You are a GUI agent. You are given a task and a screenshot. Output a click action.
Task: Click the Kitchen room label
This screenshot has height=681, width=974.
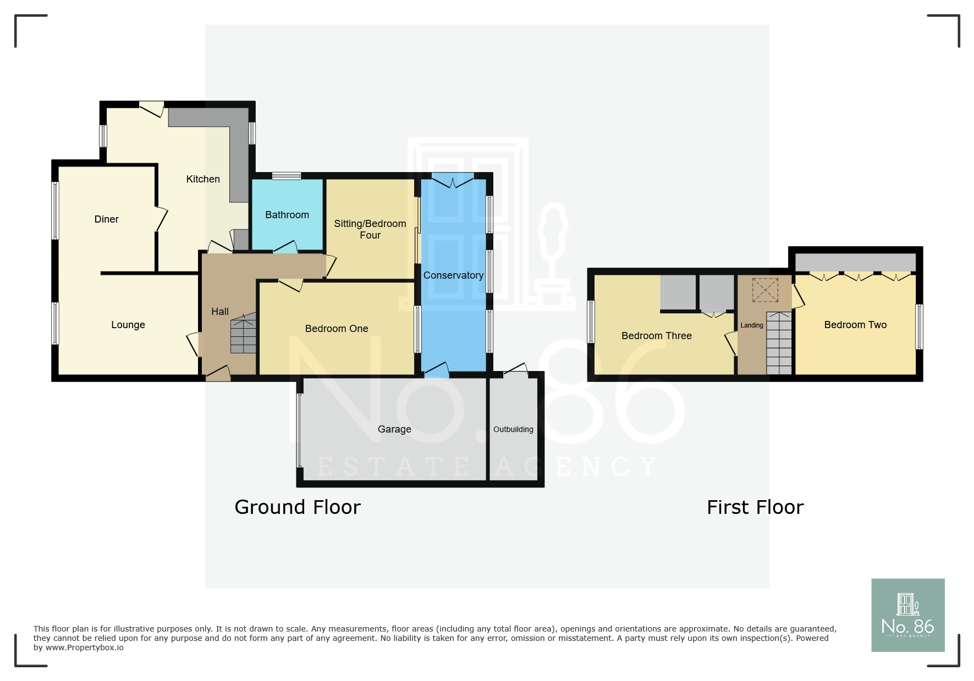tap(203, 179)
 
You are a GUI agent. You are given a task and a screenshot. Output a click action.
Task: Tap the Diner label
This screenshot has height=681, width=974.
tap(107, 219)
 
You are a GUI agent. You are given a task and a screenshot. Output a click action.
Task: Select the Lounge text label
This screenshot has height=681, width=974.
tap(128, 325)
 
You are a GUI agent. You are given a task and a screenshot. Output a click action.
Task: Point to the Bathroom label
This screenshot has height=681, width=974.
tap(287, 215)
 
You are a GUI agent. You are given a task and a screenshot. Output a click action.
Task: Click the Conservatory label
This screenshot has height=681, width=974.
tap(453, 275)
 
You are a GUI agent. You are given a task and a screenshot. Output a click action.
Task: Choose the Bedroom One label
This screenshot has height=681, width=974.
tap(337, 329)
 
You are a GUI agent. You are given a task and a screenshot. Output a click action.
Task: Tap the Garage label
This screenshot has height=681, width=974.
tap(394, 429)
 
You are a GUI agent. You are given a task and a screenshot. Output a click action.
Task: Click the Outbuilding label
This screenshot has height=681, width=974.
tap(513, 429)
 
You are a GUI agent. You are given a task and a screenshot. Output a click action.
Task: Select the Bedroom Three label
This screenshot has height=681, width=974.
tap(657, 336)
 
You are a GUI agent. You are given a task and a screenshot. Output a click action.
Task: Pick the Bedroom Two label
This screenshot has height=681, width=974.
tap(855, 325)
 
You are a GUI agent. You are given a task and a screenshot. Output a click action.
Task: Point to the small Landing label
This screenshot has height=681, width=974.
tap(752, 325)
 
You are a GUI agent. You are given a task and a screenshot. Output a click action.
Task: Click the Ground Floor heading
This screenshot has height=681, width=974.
tap(298, 507)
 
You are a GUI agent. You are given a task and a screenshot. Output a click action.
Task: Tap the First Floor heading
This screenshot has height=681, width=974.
tap(755, 507)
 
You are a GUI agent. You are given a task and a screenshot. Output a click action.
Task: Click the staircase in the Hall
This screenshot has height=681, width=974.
tap(243, 333)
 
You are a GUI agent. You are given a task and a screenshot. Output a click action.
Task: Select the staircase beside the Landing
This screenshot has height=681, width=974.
tap(779, 344)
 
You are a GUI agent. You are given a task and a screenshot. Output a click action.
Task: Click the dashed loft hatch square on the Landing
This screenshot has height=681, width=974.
tap(765, 290)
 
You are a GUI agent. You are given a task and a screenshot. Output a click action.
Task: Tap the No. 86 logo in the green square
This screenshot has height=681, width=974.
tap(908, 615)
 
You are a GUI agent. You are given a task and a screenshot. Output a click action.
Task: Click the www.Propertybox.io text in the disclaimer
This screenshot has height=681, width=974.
tap(85, 647)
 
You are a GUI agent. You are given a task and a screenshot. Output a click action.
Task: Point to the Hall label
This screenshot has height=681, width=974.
tap(220, 312)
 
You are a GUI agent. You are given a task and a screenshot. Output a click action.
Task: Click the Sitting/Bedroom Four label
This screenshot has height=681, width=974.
tap(370, 229)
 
